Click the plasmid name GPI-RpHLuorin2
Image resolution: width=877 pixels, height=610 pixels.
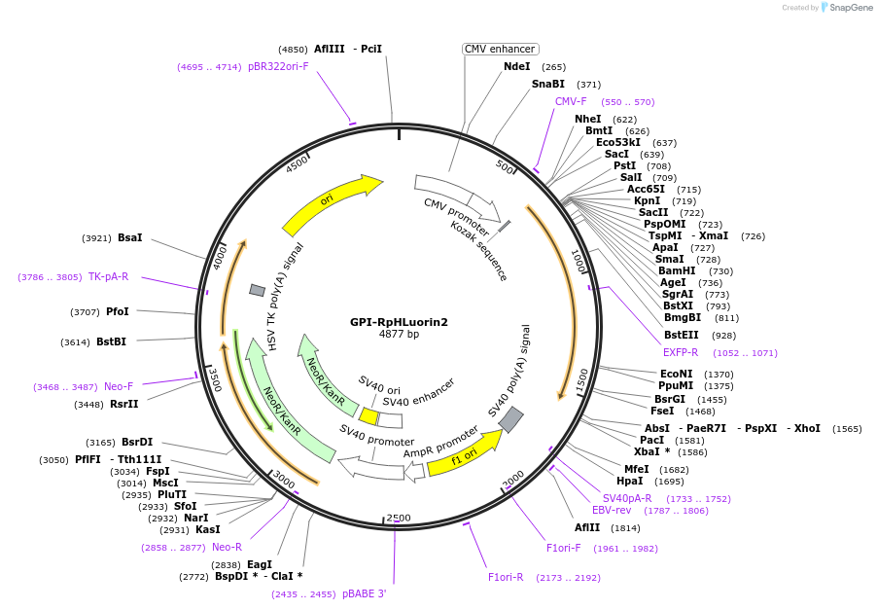399,322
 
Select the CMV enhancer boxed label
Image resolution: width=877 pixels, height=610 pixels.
501,49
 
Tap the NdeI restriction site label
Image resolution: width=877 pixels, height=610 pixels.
517,67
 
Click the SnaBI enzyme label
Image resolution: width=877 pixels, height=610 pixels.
548,85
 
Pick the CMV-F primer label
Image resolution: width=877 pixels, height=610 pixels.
571,102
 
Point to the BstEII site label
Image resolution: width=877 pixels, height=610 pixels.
682,335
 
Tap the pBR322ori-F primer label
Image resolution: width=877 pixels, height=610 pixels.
278,67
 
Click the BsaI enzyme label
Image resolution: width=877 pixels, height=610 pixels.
129,237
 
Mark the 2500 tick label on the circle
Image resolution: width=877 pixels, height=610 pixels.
399,519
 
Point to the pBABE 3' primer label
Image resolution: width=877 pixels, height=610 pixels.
365,593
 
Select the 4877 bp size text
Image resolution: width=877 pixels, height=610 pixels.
399,336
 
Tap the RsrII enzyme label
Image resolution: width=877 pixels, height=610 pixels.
123,405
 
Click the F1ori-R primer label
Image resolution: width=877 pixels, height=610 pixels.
506,577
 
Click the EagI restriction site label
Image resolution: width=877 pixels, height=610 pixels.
260,564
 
